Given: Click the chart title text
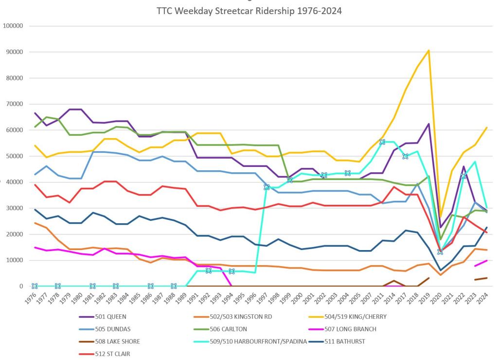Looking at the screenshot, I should tap(249, 11).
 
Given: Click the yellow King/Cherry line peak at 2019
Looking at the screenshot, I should tap(428, 50).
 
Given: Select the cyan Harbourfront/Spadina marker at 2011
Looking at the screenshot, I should tap(382, 142).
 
